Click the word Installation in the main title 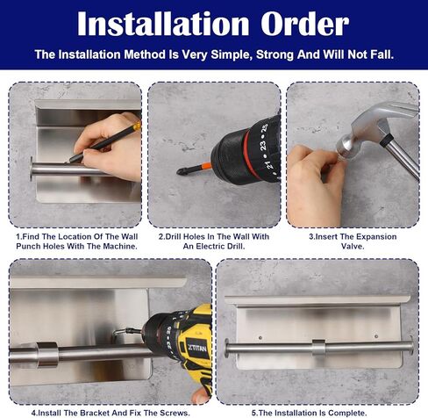[x=163, y=24]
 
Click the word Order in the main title [x=304, y=24]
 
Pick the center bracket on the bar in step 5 [x=318, y=348]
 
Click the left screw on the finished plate [x=260, y=338]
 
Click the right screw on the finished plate [x=376, y=336]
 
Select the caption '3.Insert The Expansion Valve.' [x=353, y=241]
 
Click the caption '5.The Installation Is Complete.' [x=309, y=413]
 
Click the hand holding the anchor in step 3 [x=315, y=184]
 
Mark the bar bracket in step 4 [x=47, y=354]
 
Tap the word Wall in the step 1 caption [x=130, y=236]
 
